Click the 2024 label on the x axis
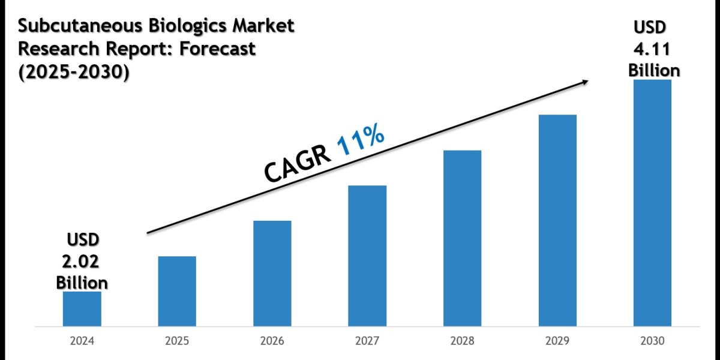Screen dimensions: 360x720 [82, 341]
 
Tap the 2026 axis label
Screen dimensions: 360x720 [272, 341]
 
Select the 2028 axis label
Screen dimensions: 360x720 [462, 341]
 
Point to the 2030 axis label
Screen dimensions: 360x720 [652, 341]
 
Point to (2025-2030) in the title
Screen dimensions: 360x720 [73, 71]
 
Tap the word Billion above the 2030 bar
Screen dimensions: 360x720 [654, 71]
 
